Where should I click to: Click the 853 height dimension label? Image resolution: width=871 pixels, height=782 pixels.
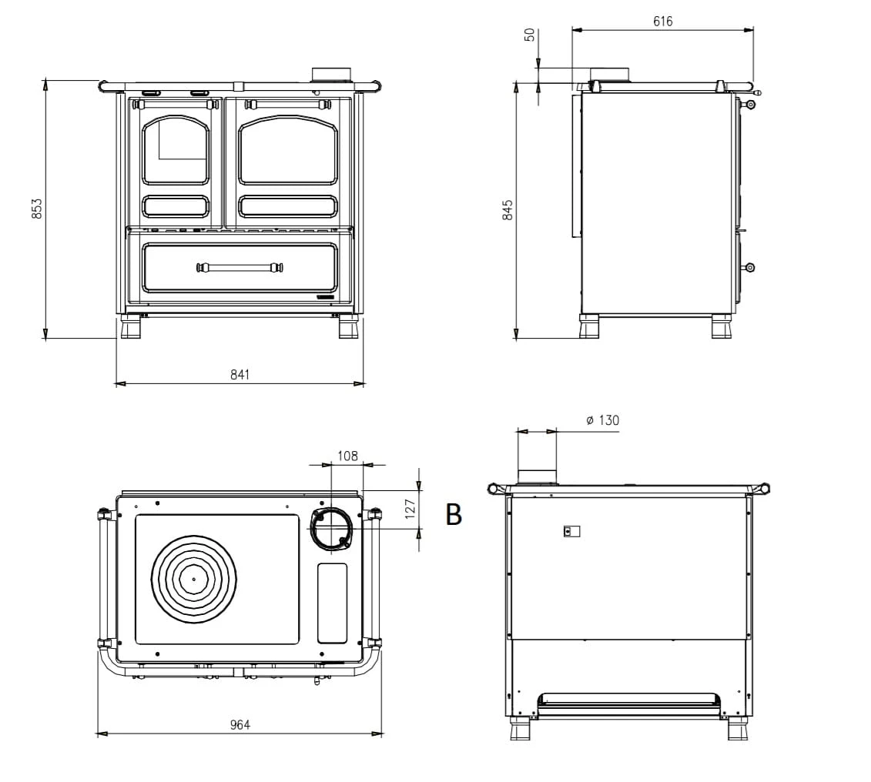(37, 208)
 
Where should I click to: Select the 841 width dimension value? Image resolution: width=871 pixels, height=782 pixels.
(240, 375)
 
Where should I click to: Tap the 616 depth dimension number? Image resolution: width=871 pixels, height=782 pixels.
(663, 22)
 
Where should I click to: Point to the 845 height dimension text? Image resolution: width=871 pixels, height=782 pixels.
(508, 210)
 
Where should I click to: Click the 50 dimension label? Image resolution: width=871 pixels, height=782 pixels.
(530, 35)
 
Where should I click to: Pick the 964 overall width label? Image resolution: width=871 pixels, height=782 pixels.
(240, 725)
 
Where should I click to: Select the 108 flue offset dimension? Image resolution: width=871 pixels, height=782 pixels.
(348, 456)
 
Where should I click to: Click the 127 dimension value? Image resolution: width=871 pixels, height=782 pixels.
(410, 509)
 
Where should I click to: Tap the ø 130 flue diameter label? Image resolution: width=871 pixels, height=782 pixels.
(603, 421)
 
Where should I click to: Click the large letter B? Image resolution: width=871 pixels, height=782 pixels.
(454, 514)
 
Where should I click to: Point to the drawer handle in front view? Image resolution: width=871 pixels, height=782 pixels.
(240, 268)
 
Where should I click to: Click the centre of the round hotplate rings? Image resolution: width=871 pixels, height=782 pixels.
(194, 579)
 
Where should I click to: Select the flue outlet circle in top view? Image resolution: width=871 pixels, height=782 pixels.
(332, 529)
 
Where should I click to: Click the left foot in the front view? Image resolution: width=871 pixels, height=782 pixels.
(131, 327)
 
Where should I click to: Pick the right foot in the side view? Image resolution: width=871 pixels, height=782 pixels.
(722, 326)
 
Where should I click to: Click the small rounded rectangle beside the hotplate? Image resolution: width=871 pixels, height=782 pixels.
(332, 603)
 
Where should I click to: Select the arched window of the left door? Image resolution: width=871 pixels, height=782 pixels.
(176, 150)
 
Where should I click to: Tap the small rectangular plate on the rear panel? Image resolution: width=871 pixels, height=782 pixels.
(571, 532)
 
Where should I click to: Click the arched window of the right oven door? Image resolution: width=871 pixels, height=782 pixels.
(288, 150)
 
